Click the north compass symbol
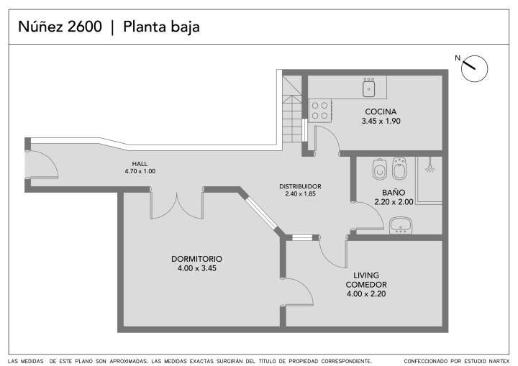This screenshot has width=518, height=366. coord(474,68)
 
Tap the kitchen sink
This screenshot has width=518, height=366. coord(368,88)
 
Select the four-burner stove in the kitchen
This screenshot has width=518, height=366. coord(320,111)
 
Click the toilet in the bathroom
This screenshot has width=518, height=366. coord(380,169)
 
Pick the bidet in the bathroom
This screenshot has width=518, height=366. coord(399,169)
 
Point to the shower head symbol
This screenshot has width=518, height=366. coord(430,168)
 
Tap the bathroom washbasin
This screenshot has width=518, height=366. coord(401,225)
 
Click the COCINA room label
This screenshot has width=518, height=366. coord(381,111)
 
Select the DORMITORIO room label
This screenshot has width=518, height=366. coord(196,259)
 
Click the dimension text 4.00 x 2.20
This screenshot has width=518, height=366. coord(366,293)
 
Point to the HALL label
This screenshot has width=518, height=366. coord(140,164)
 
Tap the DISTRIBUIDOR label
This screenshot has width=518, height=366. coord(300,186)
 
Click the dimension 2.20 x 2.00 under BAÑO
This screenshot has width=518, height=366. coord(394,202)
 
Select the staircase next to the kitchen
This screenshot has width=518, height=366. coord(292,109)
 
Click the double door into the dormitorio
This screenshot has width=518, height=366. coord(177,206)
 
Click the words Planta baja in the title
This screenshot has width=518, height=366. coord(161,27)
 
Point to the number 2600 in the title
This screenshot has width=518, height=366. coord(85,27)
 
